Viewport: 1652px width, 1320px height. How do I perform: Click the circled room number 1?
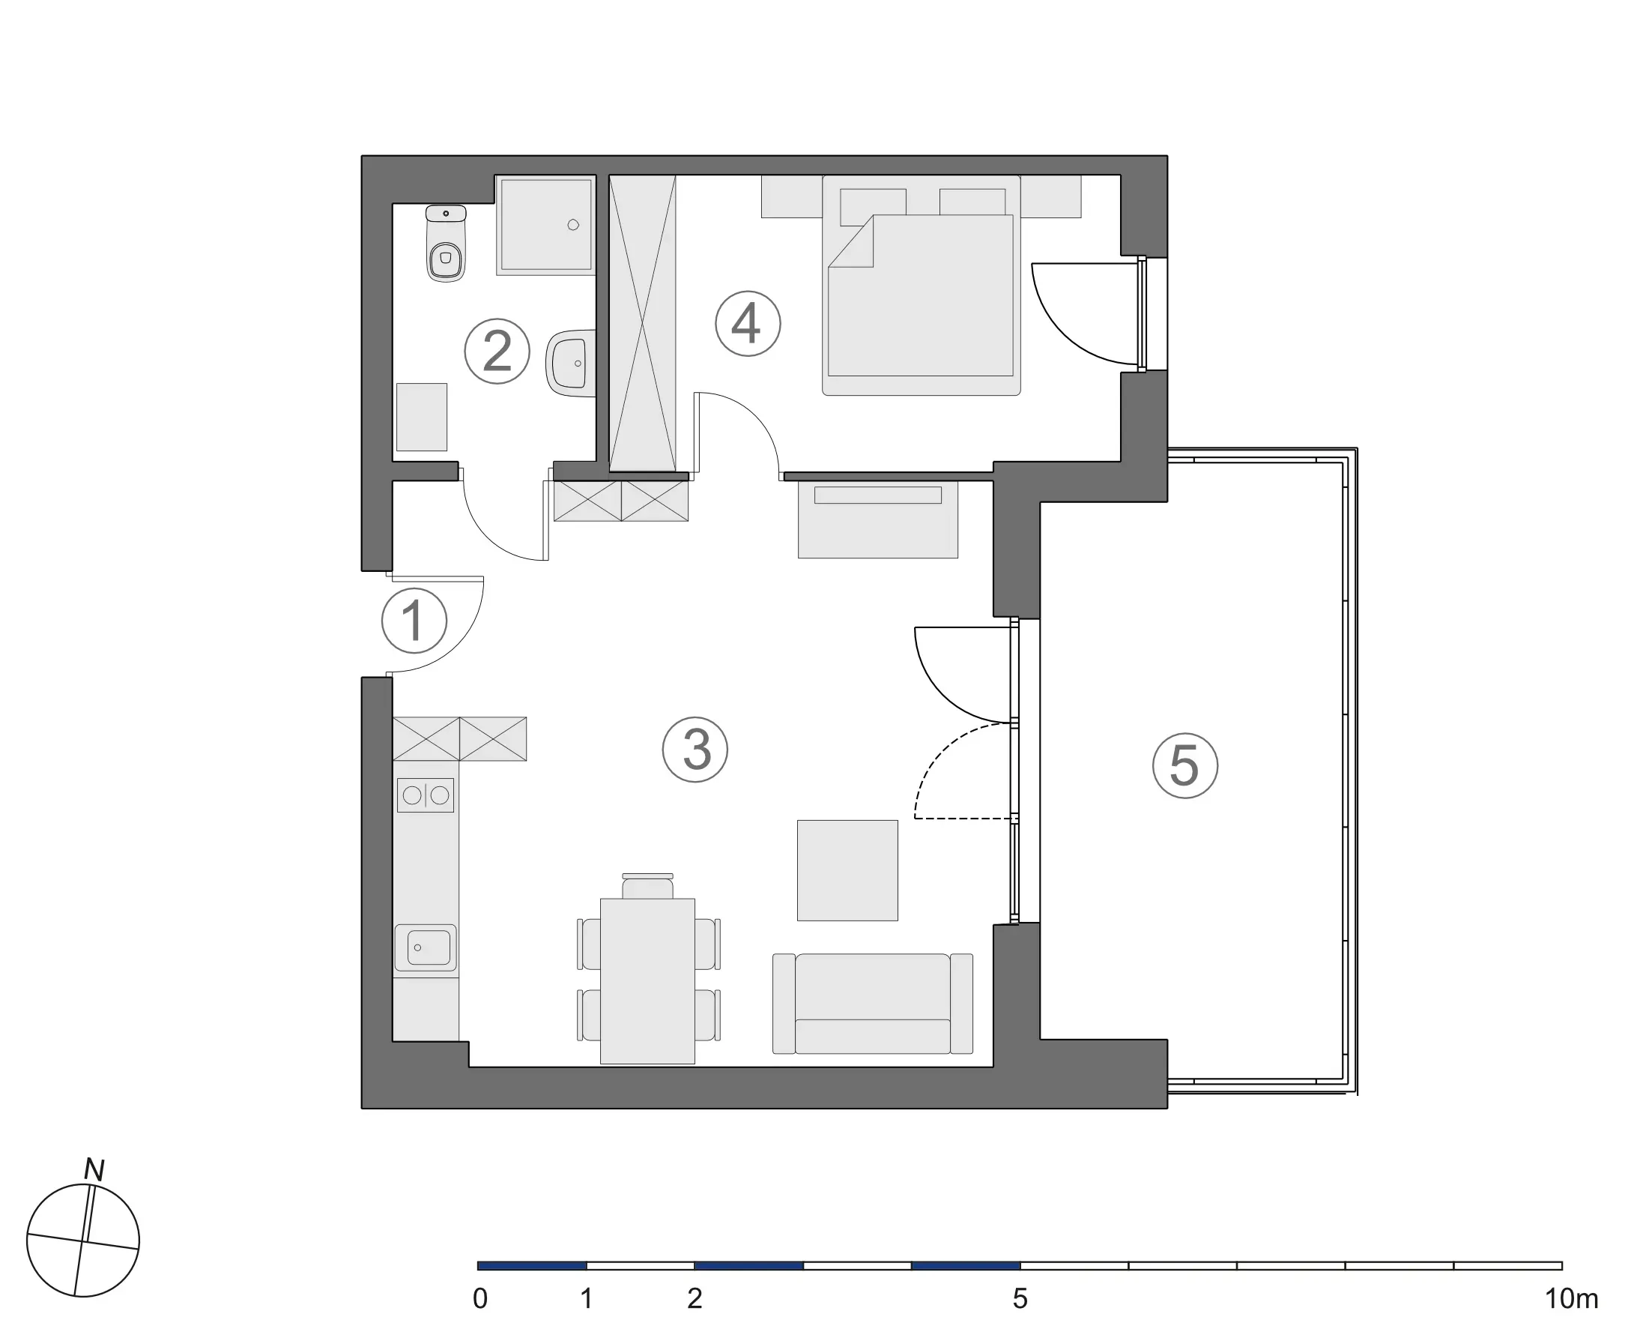414,620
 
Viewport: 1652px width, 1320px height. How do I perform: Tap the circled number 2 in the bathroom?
497,351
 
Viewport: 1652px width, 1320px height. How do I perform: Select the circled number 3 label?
695,749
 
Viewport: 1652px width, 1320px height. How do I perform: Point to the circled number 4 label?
748,324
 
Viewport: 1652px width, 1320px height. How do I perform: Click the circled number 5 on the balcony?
1185,766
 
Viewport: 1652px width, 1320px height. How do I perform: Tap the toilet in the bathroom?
446,243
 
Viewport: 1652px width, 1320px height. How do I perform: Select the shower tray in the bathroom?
545,225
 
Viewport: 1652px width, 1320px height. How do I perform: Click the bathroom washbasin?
572,364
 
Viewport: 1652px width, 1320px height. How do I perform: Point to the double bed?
921,285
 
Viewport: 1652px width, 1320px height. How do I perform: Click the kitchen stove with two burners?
426,795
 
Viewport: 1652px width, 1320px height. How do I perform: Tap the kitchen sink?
426,948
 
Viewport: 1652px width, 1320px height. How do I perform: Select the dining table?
647,981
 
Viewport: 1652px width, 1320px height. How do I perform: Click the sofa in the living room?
873,1004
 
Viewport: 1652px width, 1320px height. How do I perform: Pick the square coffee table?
847,870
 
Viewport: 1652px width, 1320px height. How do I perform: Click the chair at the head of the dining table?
647,886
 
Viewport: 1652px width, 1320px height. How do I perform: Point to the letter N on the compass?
94,1170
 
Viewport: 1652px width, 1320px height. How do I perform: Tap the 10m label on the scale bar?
1572,1298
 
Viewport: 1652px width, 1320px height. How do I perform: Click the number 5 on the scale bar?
1020,1298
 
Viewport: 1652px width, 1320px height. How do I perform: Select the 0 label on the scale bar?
480,1298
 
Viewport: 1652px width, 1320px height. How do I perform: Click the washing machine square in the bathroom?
421,417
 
